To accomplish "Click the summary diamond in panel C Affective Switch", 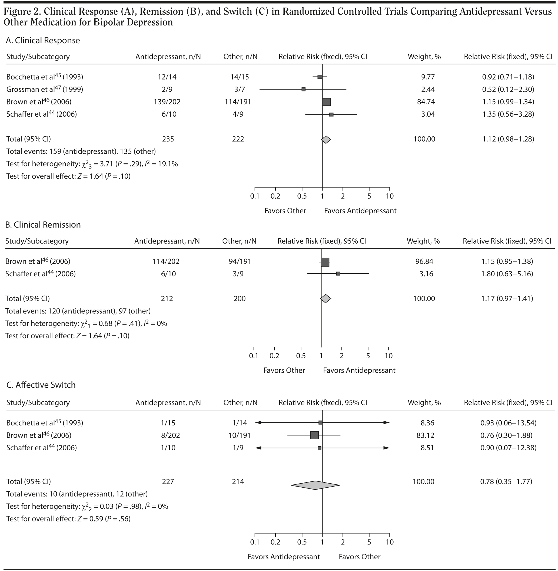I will pyautogui.click(x=315, y=485).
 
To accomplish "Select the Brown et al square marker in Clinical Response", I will pyautogui.click(x=326, y=102).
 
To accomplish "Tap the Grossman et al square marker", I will pyautogui.click(x=304, y=89).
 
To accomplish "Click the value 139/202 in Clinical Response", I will pyautogui.click(x=167, y=102).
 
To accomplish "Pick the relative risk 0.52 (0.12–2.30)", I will pyautogui.click(x=508, y=89).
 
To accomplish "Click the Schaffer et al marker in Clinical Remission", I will pyautogui.click(x=338, y=274).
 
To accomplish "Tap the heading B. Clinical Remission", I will pyautogui.click(x=43, y=225).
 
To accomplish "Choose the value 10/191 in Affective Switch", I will pyautogui.click(x=240, y=435).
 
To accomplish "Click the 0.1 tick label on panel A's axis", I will pyautogui.click(x=255, y=196).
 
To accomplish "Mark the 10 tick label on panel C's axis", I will pyautogui.click(x=390, y=542).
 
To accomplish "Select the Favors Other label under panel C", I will pyautogui.click(x=360, y=557).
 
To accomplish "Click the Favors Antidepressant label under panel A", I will pyautogui.click(x=360, y=211).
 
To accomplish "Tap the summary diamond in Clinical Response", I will pyautogui.click(x=326, y=140).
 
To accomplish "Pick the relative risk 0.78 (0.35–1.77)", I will pyautogui.click(x=506, y=481).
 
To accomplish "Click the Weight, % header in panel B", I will pyautogui.click(x=423, y=241).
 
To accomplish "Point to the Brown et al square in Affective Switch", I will pyautogui.click(x=314, y=435).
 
